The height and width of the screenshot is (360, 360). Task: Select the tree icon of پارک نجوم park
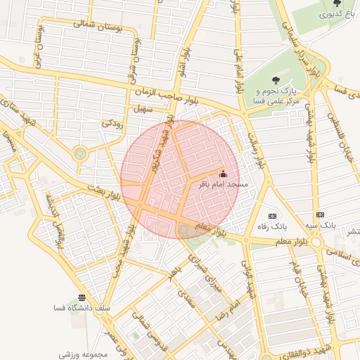[276, 80]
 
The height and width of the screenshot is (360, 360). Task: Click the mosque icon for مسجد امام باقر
[224, 174]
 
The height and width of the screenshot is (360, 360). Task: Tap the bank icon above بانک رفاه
[273, 215]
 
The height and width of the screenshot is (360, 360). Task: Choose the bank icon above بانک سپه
[321, 214]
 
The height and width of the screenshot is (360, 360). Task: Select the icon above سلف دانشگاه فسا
[82, 297]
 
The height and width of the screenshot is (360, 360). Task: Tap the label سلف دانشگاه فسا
[79, 308]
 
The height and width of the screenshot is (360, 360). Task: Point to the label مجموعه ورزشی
[82, 354]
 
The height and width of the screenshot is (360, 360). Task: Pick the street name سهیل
[143, 110]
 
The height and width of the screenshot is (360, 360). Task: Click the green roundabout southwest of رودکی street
[80, 153]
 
